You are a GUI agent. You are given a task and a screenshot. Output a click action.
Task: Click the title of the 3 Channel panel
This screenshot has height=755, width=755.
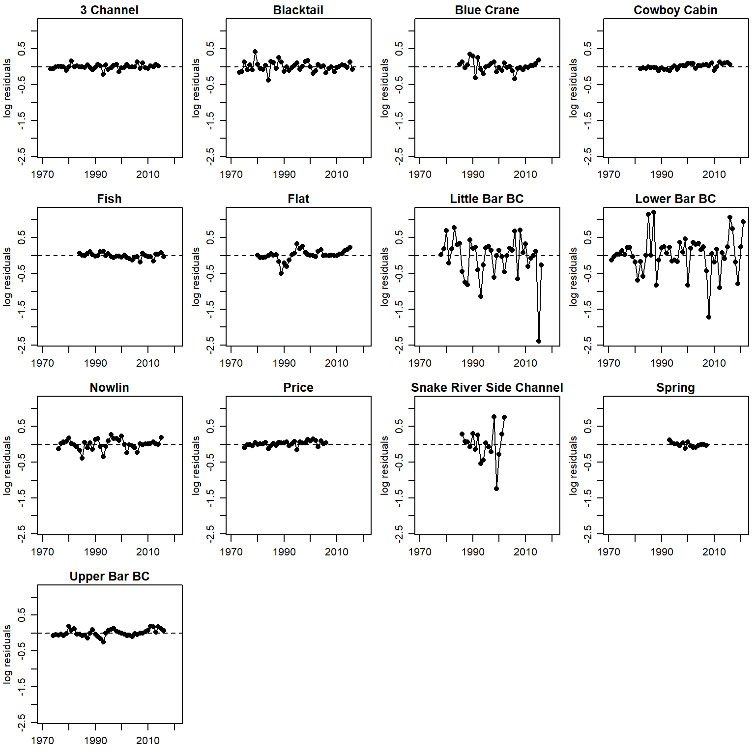[x=109, y=10]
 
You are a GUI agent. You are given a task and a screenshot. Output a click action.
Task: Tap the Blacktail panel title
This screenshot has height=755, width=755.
[x=298, y=10]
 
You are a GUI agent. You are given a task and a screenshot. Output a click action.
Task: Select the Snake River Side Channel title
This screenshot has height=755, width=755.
[x=487, y=387]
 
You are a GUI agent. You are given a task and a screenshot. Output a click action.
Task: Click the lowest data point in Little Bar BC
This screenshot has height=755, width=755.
[x=539, y=341]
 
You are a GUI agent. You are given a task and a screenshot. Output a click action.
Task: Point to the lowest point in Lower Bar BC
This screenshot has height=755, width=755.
[x=709, y=317]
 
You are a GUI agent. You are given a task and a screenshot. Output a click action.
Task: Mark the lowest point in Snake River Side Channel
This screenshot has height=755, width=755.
[x=496, y=489]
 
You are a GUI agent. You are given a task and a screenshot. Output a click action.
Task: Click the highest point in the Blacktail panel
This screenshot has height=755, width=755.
[x=255, y=51]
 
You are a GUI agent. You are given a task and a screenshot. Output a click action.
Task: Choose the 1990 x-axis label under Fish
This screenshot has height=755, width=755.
[x=95, y=363]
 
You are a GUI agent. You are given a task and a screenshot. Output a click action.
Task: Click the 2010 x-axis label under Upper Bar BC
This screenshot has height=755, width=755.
[x=148, y=741]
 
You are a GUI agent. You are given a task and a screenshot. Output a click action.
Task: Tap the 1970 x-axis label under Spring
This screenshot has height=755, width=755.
[x=609, y=552]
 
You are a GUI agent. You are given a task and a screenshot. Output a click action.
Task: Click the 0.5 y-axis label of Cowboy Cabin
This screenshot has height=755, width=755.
[x=588, y=49]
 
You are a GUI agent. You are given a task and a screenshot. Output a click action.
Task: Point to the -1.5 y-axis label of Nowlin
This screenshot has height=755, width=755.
[x=22, y=498]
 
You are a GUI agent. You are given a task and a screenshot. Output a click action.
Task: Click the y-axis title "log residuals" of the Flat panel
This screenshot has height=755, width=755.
[x=196, y=277]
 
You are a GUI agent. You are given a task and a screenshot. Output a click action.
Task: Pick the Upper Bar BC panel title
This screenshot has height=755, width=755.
[x=109, y=576]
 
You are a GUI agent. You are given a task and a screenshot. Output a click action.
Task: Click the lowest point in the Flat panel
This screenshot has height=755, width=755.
[x=281, y=273]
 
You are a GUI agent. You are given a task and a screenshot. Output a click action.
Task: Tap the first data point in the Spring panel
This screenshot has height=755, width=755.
[x=669, y=440]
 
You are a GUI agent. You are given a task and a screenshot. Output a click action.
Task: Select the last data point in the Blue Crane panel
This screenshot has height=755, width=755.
[x=539, y=60]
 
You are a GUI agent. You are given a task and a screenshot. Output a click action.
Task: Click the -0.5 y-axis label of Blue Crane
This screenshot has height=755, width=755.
[x=399, y=85]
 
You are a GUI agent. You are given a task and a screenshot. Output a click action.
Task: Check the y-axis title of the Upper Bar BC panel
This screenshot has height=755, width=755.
[x=7, y=654]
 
